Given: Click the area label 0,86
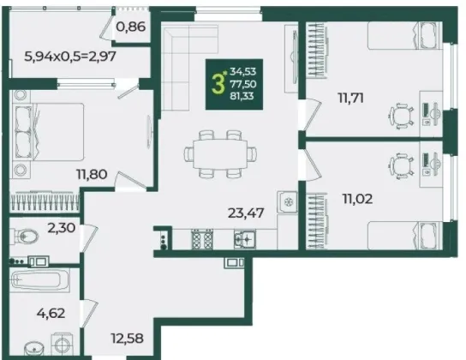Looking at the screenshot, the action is pos(131,27).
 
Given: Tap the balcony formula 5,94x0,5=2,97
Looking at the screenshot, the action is pos(70,56).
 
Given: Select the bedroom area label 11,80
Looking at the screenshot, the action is pos(92,174).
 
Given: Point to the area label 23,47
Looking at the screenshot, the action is pos(246,213).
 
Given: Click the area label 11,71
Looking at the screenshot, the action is pos(350,98).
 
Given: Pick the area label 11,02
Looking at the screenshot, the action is pos(357,199).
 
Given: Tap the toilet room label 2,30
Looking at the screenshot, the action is pos(62,228).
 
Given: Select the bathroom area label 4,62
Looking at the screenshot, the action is pos(51,313).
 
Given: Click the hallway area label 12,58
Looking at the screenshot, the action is pos(127,338).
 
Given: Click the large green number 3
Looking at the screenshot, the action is pos(218,84).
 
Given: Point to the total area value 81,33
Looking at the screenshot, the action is pos(243,96).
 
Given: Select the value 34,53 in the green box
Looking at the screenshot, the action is pos(243,72).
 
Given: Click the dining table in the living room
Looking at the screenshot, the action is pos(220,154).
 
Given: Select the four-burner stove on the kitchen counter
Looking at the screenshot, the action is pos(202,239).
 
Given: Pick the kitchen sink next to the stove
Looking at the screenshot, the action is pos(245,239).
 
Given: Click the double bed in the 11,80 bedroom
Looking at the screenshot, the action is pos(47,132).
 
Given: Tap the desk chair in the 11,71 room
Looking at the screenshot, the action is pos(402,117).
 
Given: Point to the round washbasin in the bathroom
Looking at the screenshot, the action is pos(34,349).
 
